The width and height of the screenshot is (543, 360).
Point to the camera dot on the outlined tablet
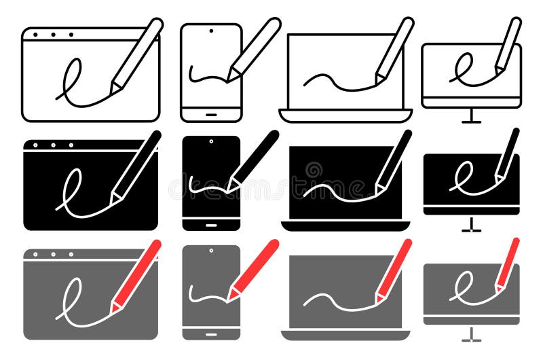(x=211, y=31)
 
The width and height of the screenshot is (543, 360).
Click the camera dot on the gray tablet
(x=211, y=251)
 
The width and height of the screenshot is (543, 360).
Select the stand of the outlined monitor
(x=471, y=118)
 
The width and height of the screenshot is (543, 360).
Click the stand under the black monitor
(x=471, y=226)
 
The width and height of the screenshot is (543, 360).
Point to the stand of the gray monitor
(x=471, y=336)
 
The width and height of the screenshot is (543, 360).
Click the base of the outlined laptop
(x=345, y=115)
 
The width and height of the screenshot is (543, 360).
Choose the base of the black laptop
(x=345, y=226)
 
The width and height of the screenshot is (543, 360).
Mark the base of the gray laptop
(x=345, y=334)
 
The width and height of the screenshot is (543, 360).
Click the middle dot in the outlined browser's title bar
(x=54, y=34)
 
